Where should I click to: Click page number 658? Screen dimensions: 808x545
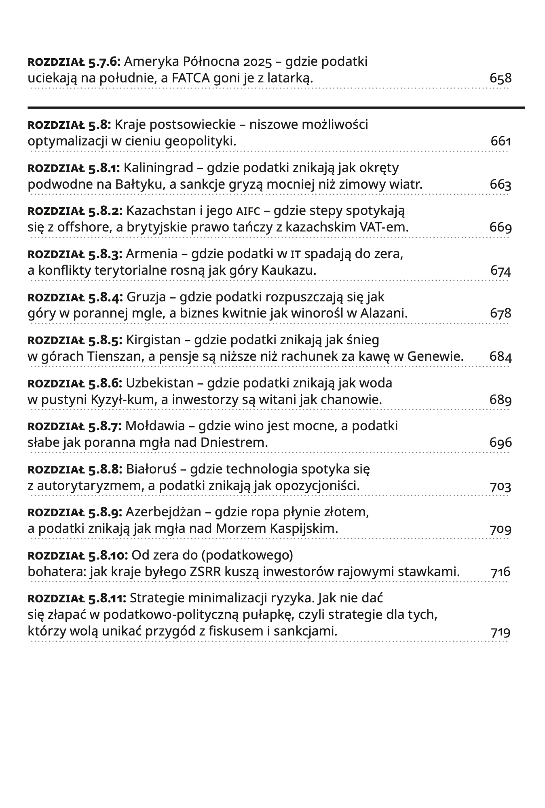coord(500,78)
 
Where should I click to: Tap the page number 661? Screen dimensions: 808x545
coord(501,141)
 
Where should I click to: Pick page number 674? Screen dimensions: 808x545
coord(501,271)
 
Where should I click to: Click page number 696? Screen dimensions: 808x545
coord(501,443)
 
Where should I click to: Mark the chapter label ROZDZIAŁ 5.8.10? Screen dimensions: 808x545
coord(78,555)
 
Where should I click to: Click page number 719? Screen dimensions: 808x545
coord(501,632)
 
